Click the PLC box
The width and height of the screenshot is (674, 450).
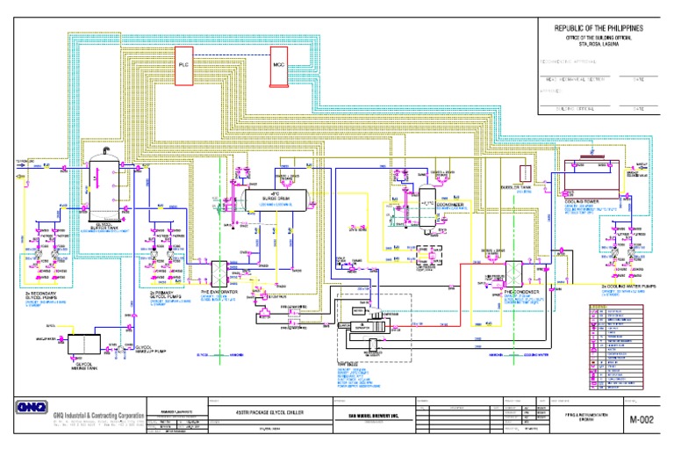tap(184, 65)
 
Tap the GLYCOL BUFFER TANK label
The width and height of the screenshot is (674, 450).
tap(106, 225)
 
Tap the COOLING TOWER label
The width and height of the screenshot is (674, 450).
tap(575, 201)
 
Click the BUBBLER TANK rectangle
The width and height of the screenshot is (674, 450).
tap(527, 173)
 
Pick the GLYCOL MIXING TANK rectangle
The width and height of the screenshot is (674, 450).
tap(80, 342)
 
